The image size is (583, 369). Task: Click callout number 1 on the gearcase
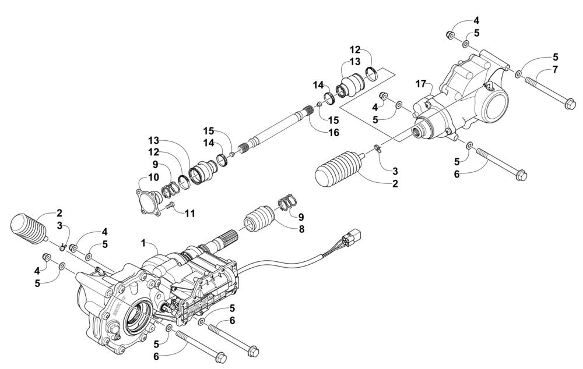point(143,241)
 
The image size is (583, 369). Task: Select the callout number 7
point(555,70)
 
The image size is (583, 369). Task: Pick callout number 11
point(189,214)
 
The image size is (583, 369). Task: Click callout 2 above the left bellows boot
point(59,213)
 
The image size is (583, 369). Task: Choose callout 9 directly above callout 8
point(301,217)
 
